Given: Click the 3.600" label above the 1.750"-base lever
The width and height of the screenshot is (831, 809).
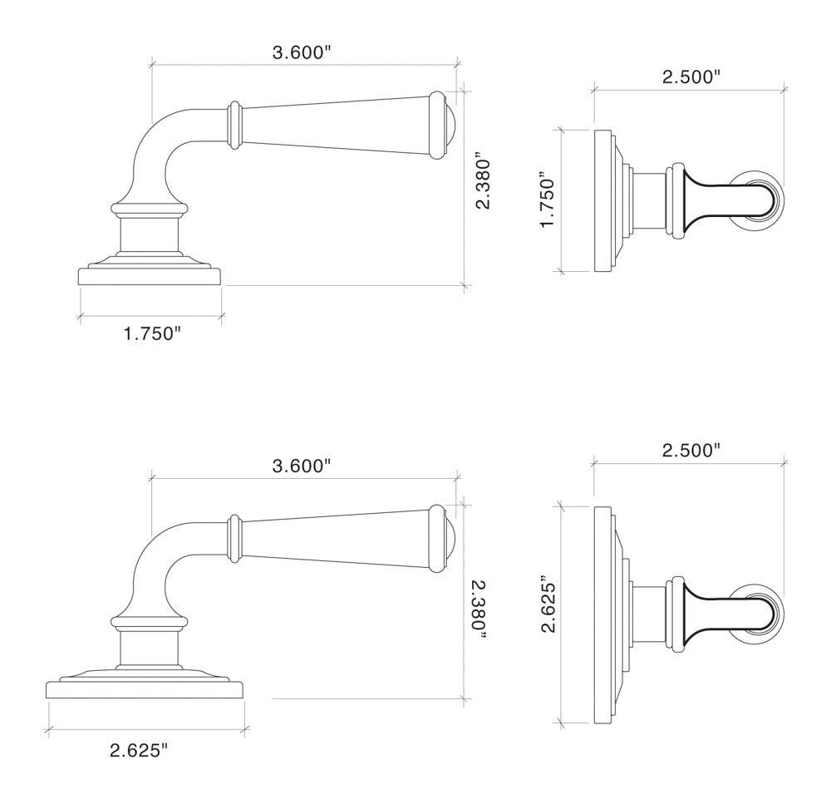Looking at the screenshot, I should [x=302, y=52].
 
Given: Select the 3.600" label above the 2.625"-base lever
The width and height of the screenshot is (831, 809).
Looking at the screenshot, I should [x=302, y=466].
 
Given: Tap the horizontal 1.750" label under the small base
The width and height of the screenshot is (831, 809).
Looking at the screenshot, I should [x=152, y=333].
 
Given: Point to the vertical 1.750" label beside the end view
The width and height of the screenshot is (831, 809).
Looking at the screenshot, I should [x=548, y=200].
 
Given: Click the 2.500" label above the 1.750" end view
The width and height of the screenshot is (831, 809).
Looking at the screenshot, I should [x=691, y=76].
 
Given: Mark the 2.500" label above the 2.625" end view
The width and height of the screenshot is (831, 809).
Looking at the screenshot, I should [x=691, y=450].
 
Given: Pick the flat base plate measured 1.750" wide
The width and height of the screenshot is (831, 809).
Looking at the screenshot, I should [x=150, y=276].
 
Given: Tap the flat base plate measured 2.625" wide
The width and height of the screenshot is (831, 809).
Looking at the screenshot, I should [x=145, y=689].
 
